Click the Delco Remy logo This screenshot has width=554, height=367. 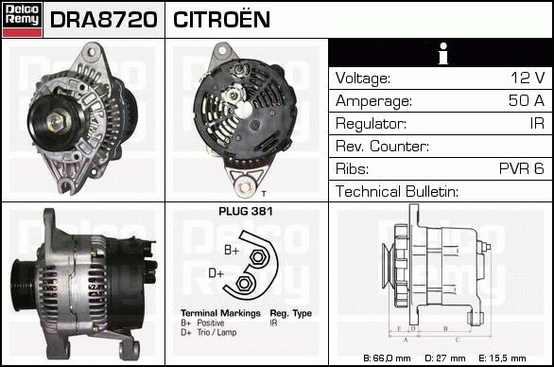(x=22, y=20)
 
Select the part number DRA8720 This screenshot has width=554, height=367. (x=104, y=20)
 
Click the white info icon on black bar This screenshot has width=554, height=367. (x=443, y=53)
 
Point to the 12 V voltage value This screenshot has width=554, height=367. (x=528, y=78)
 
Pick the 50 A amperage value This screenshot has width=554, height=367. (x=527, y=100)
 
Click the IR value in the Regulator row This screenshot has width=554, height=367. (x=537, y=123)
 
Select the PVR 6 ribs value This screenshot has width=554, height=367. (x=522, y=168)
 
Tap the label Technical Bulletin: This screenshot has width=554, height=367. (x=397, y=191)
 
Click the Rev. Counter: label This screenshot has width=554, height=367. (x=382, y=146)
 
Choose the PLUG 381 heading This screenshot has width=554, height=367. (x=246, y=211)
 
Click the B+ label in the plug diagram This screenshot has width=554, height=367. (x=232, y=250)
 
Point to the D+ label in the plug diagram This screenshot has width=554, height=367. (x=216, y=273)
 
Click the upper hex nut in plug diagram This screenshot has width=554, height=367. (x=258, y=257)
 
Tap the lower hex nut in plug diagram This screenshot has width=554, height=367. (x=243, y=283)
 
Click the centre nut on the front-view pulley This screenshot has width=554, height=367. (x=56, y=122)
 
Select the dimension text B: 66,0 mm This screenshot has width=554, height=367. (x=387, y=358)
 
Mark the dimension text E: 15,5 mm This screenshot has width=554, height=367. (x=502, y=358)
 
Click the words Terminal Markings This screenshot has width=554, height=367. (x=220, y=313)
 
